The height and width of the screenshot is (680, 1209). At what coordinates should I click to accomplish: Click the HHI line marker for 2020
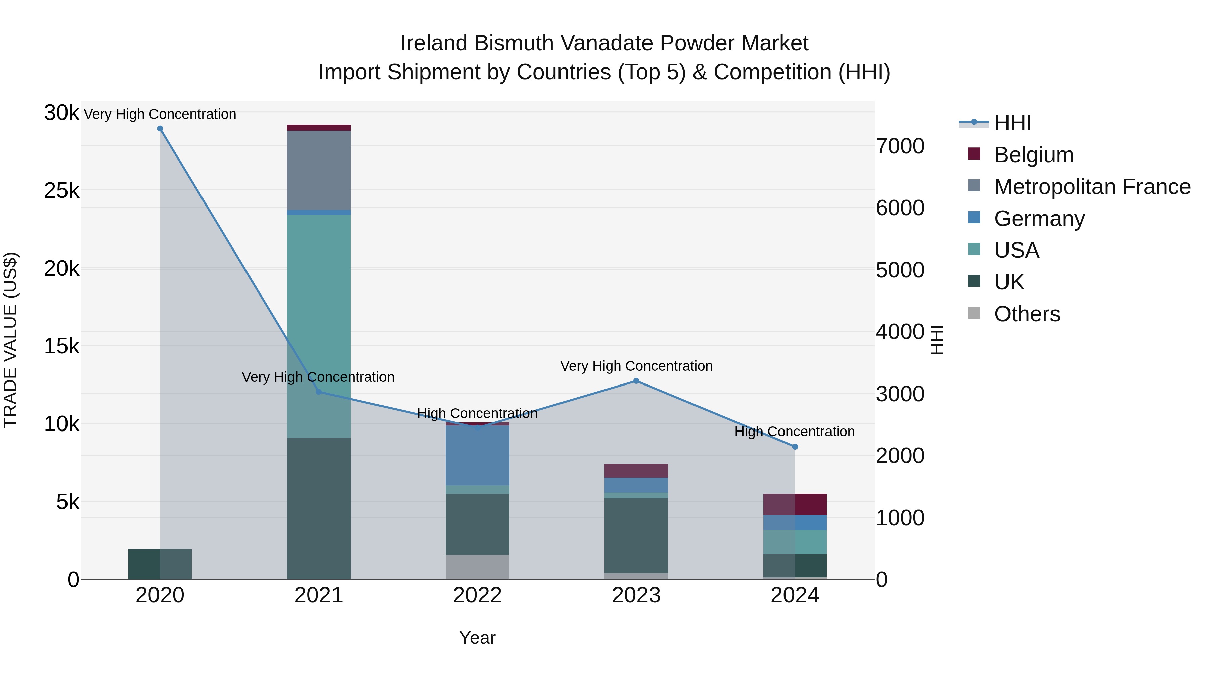[160, 129]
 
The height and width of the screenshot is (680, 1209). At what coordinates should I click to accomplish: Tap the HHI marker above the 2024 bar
[795, 447]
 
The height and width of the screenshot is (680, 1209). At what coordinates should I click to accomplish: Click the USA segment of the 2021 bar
[319, 324]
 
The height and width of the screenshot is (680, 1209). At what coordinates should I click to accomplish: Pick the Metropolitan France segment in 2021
[319, 170]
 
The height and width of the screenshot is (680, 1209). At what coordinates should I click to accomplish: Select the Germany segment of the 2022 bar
[477, 455]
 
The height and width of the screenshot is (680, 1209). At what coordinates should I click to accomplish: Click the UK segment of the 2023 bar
[636, 535]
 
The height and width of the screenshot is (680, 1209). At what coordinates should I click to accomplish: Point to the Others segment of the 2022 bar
[477, 567]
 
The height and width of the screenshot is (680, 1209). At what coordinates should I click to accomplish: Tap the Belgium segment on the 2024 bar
[795, 504]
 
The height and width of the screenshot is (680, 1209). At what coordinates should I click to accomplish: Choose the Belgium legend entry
[1033, 155]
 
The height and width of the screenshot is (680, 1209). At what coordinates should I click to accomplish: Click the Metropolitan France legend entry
[1092, 187]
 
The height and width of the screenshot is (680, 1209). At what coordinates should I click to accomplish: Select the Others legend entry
[1027, 314]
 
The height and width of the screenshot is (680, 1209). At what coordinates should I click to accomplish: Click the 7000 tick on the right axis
[900, 146]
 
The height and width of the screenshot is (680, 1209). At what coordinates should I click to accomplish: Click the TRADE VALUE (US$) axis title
[10, 340]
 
